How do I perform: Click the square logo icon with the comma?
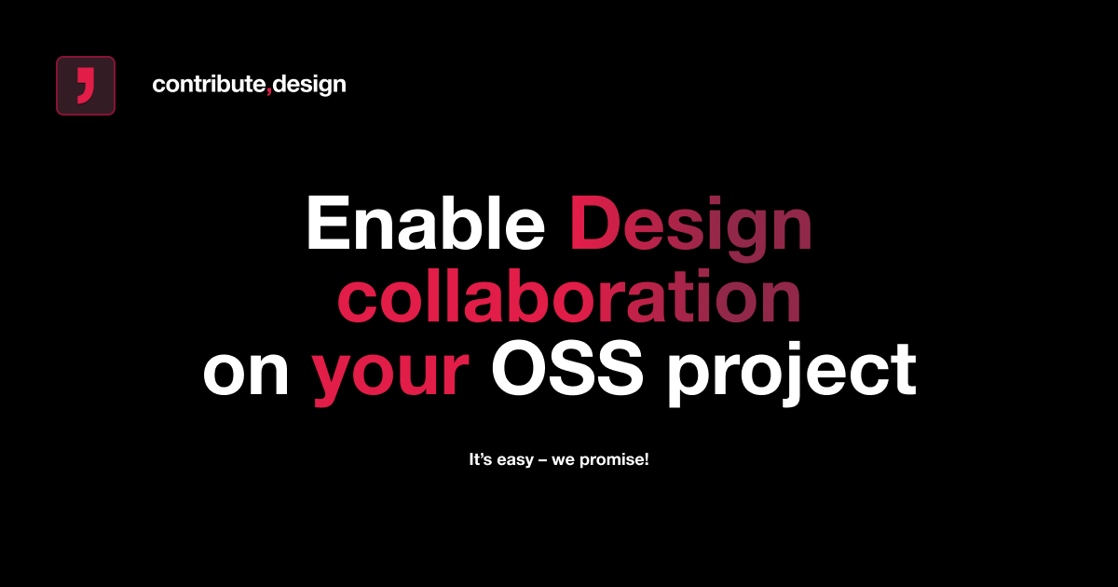(x=86, y=86)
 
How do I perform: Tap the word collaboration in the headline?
(x=568, y=298)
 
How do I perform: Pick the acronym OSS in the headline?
(x=566, y=370)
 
